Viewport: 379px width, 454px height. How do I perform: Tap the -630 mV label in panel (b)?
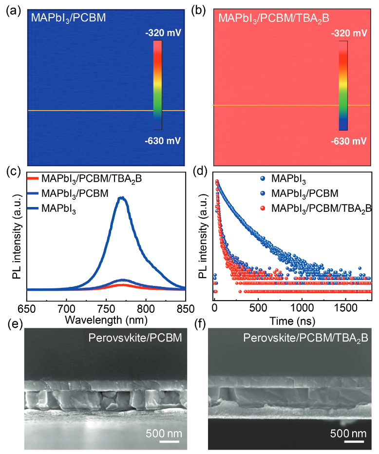pos(349,141)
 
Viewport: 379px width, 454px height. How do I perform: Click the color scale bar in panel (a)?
pos(157,85)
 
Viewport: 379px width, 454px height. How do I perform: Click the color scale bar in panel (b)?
pos(343,85)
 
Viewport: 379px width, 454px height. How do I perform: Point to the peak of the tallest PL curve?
pos(122,198)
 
